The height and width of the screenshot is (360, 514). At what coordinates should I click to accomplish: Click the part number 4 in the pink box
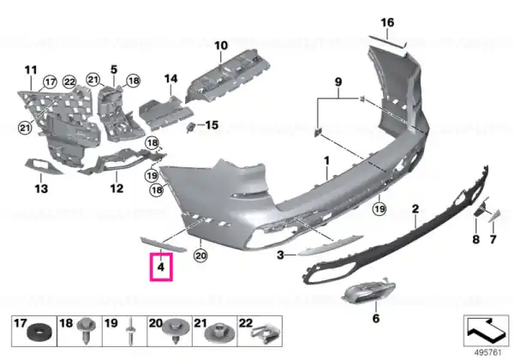pos(161,267)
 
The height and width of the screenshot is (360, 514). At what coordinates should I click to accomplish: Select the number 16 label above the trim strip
pos(387,22)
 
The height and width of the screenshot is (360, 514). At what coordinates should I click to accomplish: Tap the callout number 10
pos(221,45)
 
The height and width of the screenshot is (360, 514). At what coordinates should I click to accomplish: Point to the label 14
pos(170,79)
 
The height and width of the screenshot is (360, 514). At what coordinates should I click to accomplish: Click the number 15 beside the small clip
pos(212,125)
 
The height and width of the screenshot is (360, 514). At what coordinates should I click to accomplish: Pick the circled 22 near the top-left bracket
pos(69,81)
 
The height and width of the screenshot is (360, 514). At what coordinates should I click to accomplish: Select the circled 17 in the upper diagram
pos(51,81)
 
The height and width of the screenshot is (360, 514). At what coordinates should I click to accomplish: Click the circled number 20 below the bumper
pos(200,255)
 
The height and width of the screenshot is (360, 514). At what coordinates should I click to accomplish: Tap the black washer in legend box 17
pos(39,333)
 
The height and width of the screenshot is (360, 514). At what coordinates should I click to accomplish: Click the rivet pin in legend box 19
pos(130,331)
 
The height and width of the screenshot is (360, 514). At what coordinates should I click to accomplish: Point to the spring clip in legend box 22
pos(265,333)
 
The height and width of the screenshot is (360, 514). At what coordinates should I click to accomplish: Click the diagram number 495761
pos(488,352)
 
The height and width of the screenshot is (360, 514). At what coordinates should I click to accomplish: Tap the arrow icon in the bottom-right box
pos(486,330)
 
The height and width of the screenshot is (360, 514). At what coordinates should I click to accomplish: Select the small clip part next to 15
pos(191,127)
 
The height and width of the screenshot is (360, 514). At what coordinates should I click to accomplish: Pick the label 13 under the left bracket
pos(41,189)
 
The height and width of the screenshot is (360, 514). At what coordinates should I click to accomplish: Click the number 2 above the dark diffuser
pos(415,208)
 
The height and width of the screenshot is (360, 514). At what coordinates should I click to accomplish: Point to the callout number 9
pos(338,81)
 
